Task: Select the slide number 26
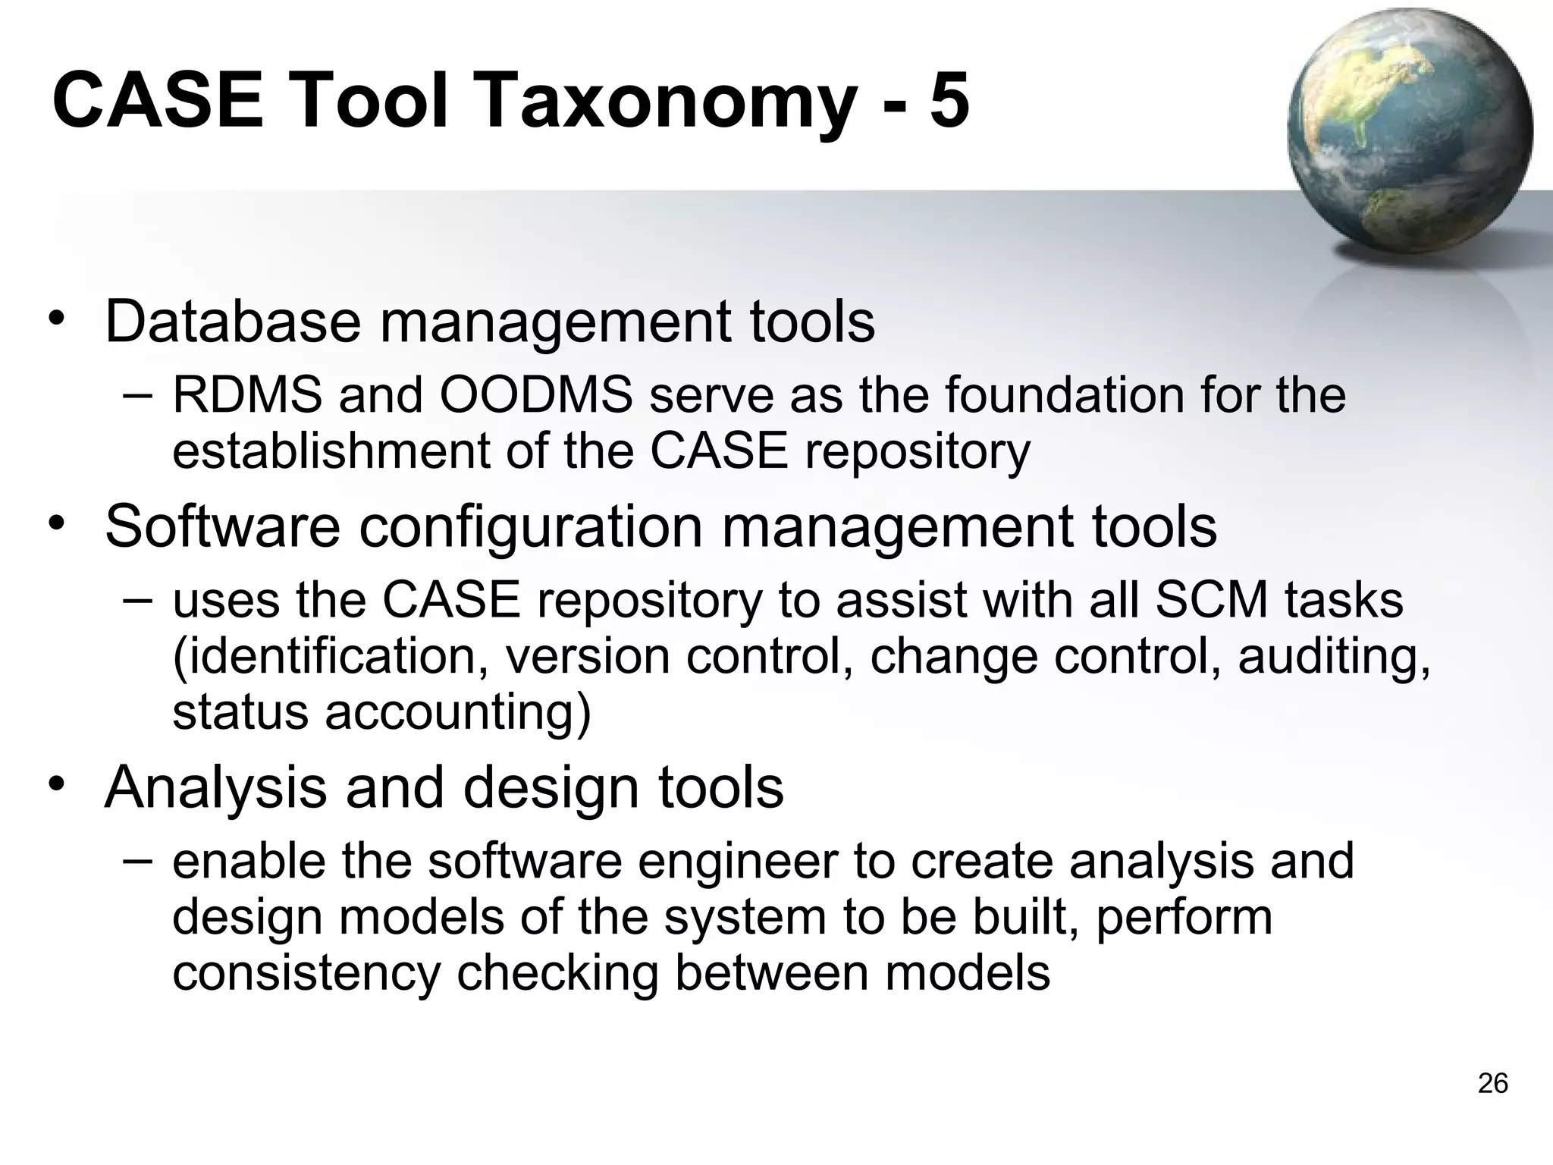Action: click(x=1492, y=1084)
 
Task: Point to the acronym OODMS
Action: click(x=536, y=396)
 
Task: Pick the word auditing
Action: click(x=1334, y=657)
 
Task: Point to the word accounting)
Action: click(x=458, y=713)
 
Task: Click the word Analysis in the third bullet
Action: click(x=215, y=787)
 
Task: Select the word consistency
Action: click(x=306, y=974)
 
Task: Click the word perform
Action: click(x=1184, y=918)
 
